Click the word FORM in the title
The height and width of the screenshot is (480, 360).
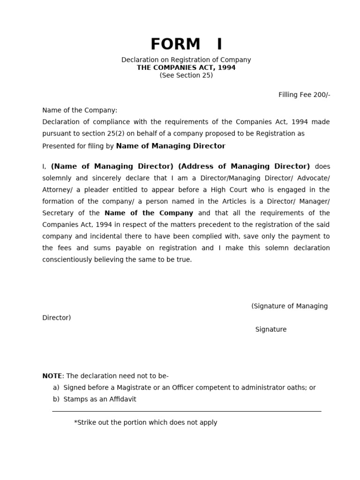click(169, 44)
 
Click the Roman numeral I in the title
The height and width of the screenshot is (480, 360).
click(219, 44)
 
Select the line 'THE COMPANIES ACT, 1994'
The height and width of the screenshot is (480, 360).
click(186, 67)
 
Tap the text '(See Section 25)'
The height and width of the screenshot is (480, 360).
click(186, 75)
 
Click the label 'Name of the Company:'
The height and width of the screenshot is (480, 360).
click(80, 110)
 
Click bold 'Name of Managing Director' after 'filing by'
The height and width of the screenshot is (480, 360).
click(171, 146)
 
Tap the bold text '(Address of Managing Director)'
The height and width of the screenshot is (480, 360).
click(244, 166)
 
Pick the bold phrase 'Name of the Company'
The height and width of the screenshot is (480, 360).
click(149, 213)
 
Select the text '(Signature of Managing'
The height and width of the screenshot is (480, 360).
click(290, 306)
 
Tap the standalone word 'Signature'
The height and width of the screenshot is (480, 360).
click(271, 330)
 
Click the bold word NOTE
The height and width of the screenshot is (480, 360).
click(52, 376)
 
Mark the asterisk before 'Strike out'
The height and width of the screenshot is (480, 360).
click(75, 422)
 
